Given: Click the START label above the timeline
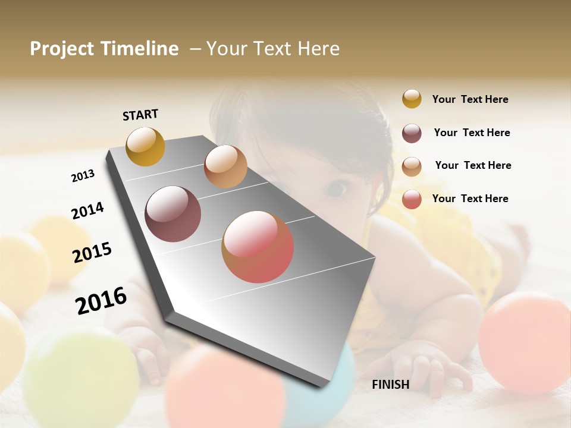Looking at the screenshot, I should (140, 115).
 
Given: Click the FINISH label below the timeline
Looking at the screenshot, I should (390, 385).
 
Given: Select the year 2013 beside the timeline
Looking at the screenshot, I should (83, 176).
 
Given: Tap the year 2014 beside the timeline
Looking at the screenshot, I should (87, 210).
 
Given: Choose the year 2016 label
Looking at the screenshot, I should (101, 301).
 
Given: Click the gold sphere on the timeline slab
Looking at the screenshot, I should (146, 146).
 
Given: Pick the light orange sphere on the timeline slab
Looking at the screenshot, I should (225, 166).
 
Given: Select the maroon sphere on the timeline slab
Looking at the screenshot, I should (173, 214).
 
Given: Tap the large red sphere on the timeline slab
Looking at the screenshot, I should (258, 247).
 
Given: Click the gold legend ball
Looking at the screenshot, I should (412, 99).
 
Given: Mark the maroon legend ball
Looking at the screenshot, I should (412, 133).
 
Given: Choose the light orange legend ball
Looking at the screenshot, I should (412, 166).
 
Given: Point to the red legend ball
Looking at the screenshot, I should (412, 199).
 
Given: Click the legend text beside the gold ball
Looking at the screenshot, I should (470, 99).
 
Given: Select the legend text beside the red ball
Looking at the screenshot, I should (470, 199).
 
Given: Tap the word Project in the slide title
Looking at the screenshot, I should (62, 49).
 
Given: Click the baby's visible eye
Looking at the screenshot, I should (337, 189).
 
